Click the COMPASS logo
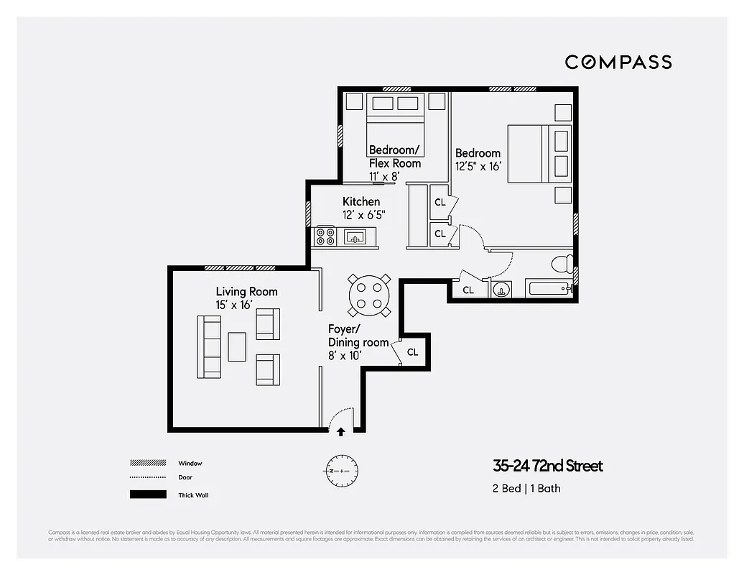pos(618,62)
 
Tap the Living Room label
pos(246,291)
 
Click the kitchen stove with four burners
pos(325,236)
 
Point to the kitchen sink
pos(355,236)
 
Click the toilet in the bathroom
pos(562,264)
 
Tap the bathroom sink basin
pos(501,290)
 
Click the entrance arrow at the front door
pos(340,431)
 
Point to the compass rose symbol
pos(340,471)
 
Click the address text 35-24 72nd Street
pos(547,466)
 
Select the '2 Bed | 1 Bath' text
pos(526,489)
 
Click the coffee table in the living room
pos(237,346)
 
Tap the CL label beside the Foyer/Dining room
pos(413,352)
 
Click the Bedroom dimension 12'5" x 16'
pos(478,166)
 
